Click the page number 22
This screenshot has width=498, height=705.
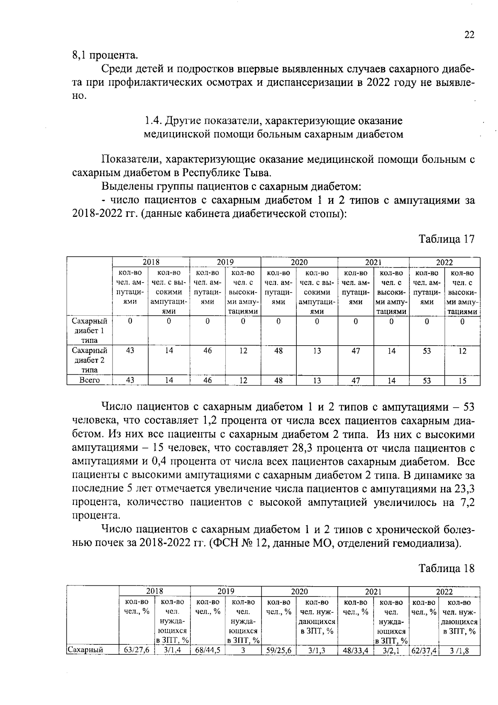click(x=469, y=35)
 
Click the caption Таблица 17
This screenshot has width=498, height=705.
click(x=446, y=240)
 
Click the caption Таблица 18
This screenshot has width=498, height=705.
click(x=446, y=569)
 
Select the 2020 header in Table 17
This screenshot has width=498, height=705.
click(x=299, y=262)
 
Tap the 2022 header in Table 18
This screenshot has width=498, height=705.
click(x=444, y=592)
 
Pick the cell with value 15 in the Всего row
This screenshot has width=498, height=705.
click(x=462, y=381)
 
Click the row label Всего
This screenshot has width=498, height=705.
click(x=90, y=381)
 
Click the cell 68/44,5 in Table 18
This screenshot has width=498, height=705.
click(x=207, y=651)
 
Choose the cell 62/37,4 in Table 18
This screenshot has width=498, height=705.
click(x=424, y=651)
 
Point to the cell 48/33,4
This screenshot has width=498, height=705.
click(x=356, y=651)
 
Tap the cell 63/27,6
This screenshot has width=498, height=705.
click(x=137, y=651)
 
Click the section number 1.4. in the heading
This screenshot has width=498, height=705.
click(x=153, y=121)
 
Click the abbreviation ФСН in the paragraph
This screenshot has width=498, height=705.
click(x=224, y=543)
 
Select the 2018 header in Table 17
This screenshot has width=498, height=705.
click(x=151, y=262)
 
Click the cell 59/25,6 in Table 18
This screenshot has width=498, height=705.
click(x=278, y=651)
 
